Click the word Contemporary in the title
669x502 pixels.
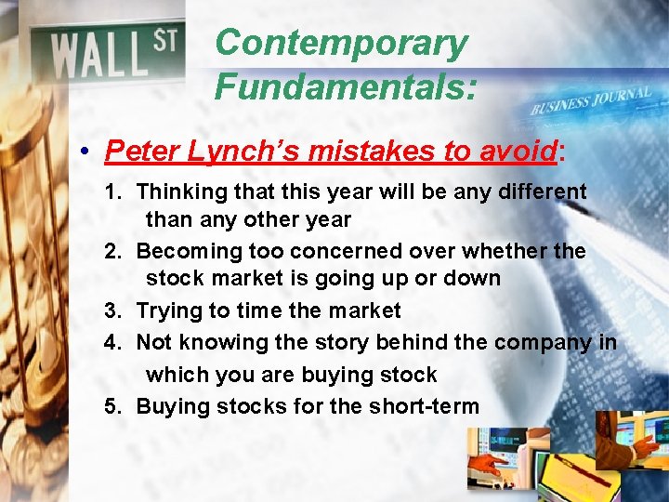click(x=340, y=44)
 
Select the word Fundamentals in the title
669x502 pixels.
click(x=345, y=87)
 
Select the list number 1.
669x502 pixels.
click(x=112, y=192)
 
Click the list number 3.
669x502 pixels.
click(x=112, y=310)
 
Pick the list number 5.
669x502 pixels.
click(x=112, y=406)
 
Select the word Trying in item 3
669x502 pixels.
click(x=165, y=310)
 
